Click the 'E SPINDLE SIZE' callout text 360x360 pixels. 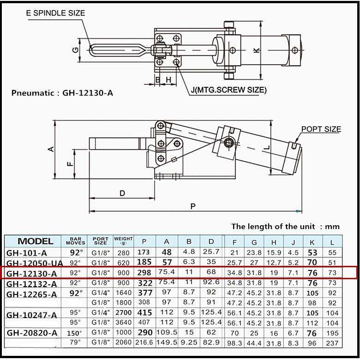coord(55,13)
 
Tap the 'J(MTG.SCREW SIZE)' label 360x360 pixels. coord(228,90)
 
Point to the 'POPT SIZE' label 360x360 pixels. coord(321,129)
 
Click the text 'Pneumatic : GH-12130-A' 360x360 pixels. coord(62,93)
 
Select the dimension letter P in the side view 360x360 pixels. coord(192,206)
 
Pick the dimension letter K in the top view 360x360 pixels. coord(257,50)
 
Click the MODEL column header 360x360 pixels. coord(35,241)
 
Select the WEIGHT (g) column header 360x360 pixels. coord(123,241)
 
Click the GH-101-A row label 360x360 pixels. coord(26,252)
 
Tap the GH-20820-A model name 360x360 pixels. coord(32,333)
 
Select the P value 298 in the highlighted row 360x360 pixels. coord(144,273)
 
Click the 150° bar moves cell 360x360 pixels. coord(75,333)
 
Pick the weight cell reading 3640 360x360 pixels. coord(123,323)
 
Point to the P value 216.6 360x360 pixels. coord(144,343)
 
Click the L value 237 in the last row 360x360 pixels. coord(332,343)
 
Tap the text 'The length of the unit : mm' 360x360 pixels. coord(285,226)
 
